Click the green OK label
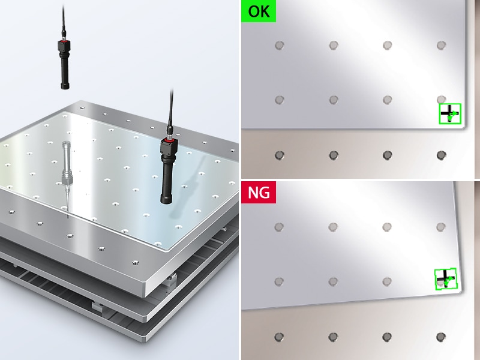click(x=259, y=11)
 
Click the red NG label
click(x=259, y=192)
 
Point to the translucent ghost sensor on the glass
click(x=67, y=172)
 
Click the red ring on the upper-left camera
click(x=64, y=40)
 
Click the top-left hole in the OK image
click(x=279, y=46)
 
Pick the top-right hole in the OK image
click(x=441, y=46)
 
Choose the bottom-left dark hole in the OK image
click(x=279, y=155)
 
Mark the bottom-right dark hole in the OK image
click(x=441, y=155)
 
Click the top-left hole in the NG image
click(x=279, y=227)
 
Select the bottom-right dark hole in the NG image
click(x=440, y=337)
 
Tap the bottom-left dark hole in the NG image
click(x=279, y=337)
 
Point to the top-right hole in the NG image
click(x=440, y=227)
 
